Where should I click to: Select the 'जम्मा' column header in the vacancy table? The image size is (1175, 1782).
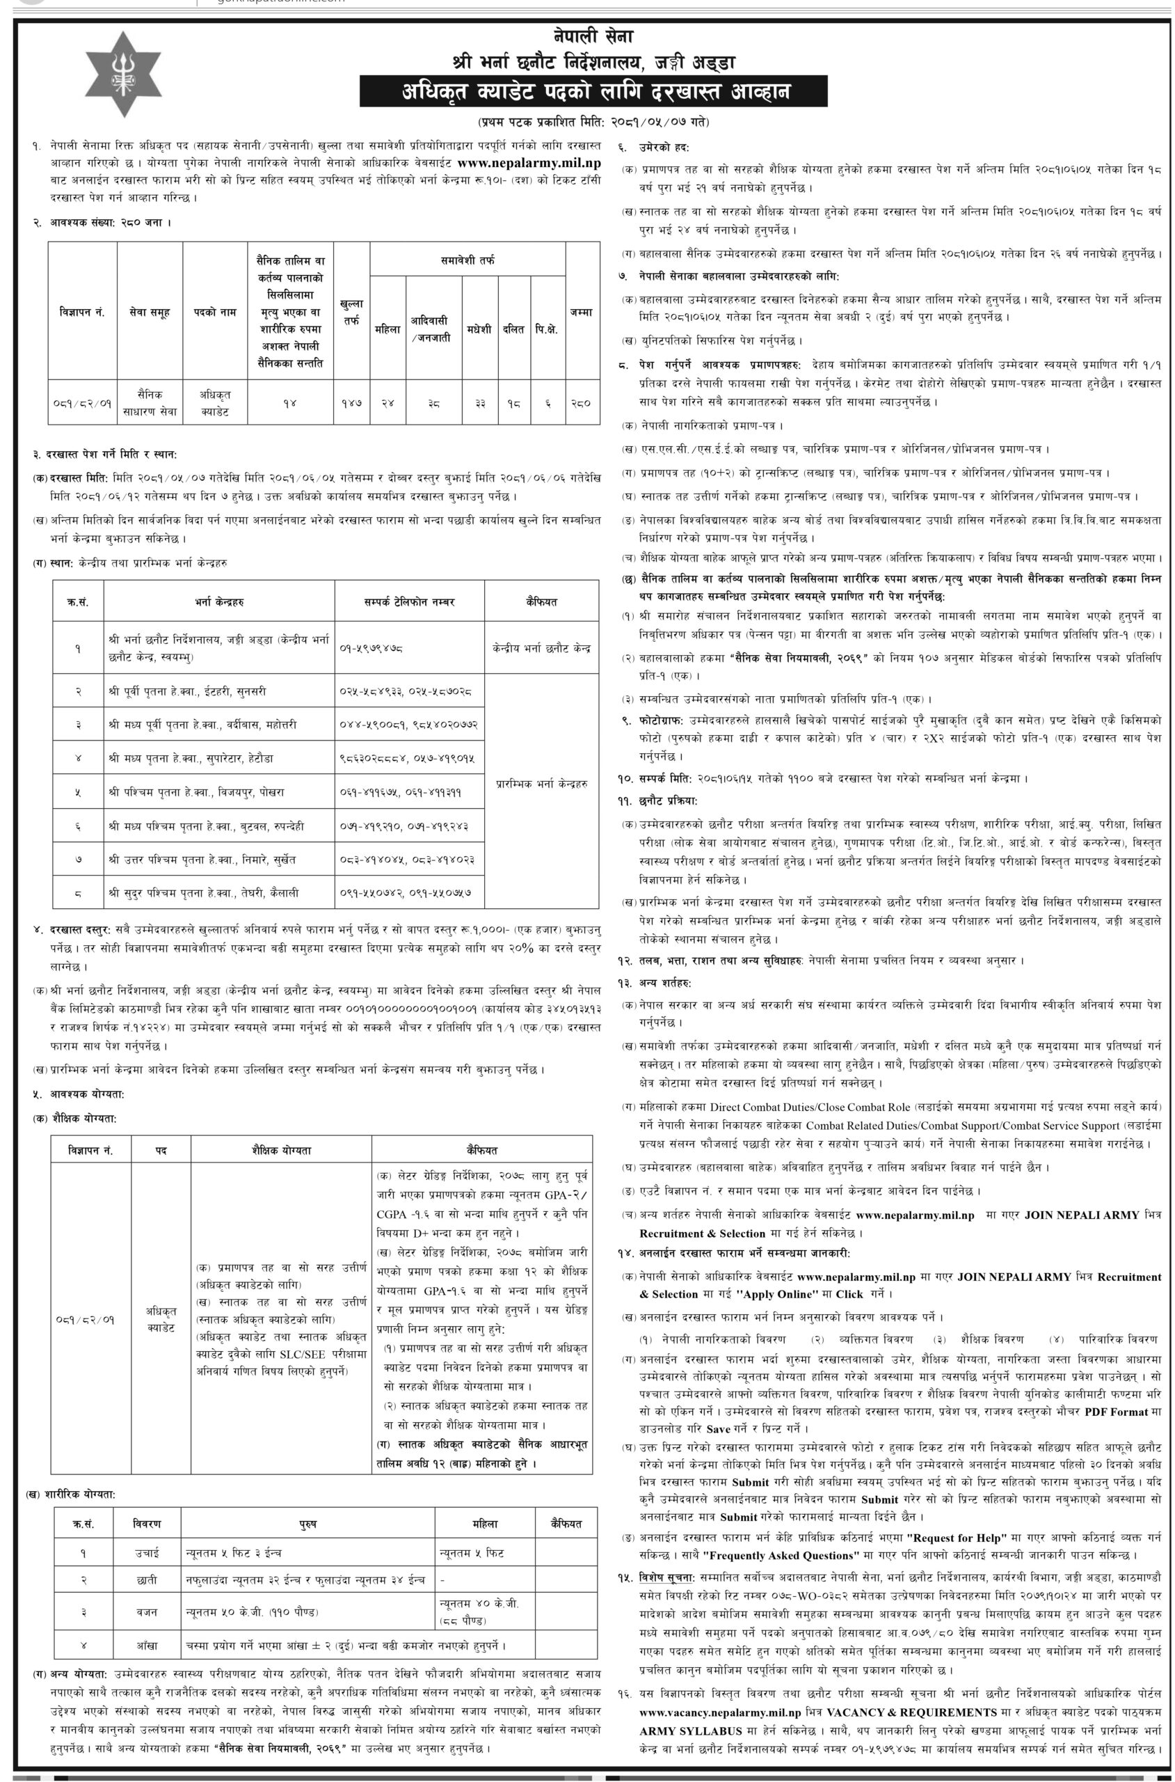pos(581,312)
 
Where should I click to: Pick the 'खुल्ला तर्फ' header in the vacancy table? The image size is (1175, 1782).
pos(351,312)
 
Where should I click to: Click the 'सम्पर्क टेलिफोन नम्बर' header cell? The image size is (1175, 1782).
pos(409,602)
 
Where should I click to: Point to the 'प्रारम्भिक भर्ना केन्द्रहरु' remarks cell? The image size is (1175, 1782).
pos(541,783)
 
